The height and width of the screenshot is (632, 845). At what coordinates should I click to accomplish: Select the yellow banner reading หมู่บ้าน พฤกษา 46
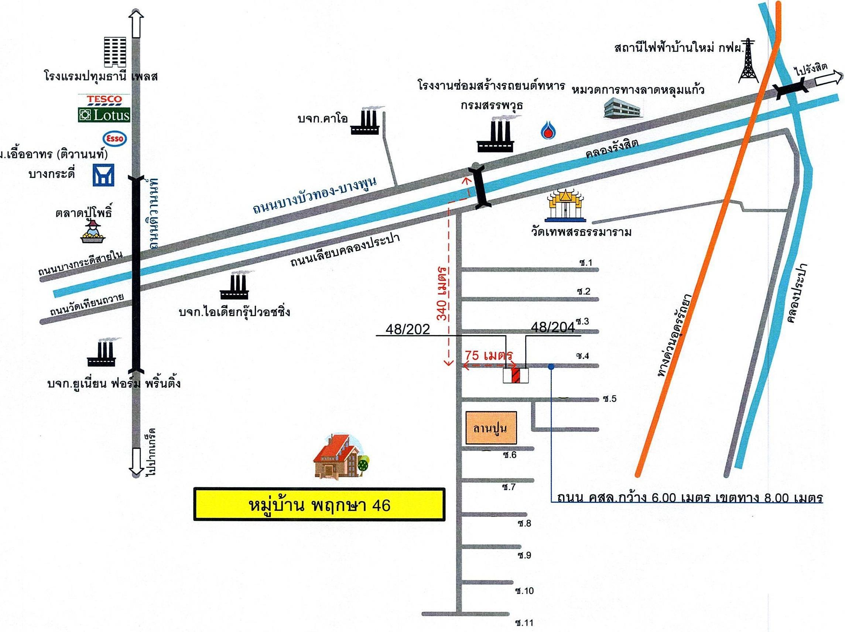pyautogui.click(x=319, y=504)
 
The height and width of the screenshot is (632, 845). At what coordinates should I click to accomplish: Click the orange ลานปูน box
pyautogui.click(x=490, y=428)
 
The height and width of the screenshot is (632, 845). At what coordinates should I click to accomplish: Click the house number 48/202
pyautogui.click(x=408, y=329)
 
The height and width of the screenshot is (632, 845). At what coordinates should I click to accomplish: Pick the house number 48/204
pyautogui.click(x=553, y=328)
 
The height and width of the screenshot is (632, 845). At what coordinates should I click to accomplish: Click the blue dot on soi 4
pyautogui.click(x=551, y=367)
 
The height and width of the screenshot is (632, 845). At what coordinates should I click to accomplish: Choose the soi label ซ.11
pyautogui.click(x=523, y=623)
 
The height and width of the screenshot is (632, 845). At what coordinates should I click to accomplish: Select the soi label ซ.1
pyautogui.click(x=585, y=262)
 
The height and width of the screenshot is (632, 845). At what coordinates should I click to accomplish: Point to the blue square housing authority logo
pyautogui.click(x=103, y=175)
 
